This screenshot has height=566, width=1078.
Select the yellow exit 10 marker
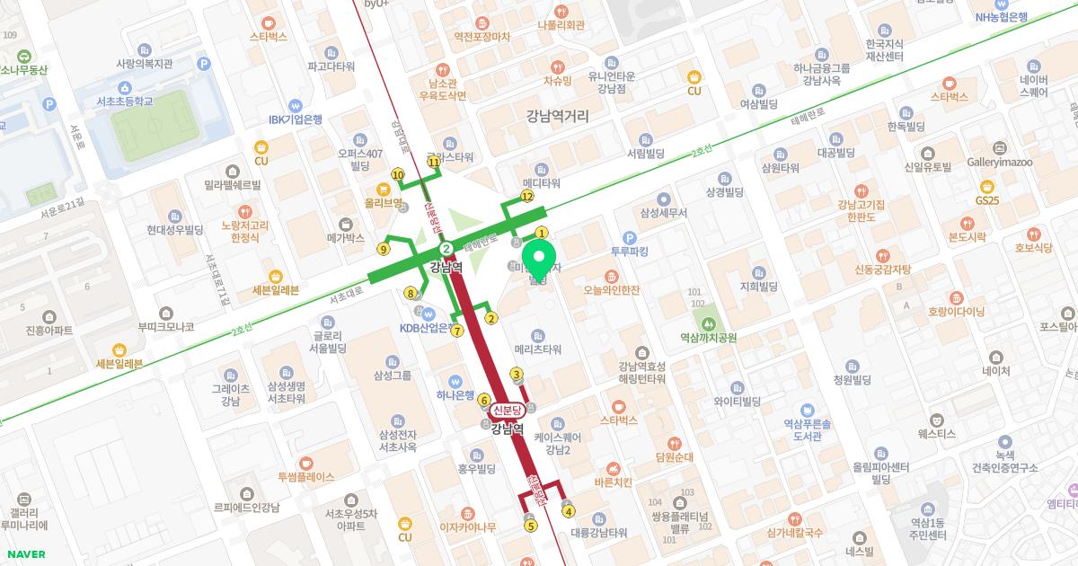pyautogui.click(x=398, y=174)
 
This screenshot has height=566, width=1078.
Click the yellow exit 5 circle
pyautogui.click(x=531, y=526)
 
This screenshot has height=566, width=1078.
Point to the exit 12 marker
pyautogui.click(x=527, y=196)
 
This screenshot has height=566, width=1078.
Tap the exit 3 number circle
pyautogui.click(x=517, y=375)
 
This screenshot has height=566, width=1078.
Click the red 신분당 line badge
pyautogui.click(x=508, y=410)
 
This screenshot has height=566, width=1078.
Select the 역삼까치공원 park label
pyautogui.click(x=709, y=338)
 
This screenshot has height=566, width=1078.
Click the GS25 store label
pyautogui.click(x=987, y=199)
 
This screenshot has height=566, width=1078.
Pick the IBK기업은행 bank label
pyautogui.click(x=296, y=119)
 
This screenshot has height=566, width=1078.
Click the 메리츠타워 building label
pyautogui.click(x=538, y=349)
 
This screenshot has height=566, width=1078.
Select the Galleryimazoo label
pyautogui.click(x=1000, y=163)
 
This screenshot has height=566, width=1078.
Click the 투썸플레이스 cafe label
pyautogui.click(x=306, y=476)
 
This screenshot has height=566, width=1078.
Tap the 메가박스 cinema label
pyautogui.click(x=346, y=238)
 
